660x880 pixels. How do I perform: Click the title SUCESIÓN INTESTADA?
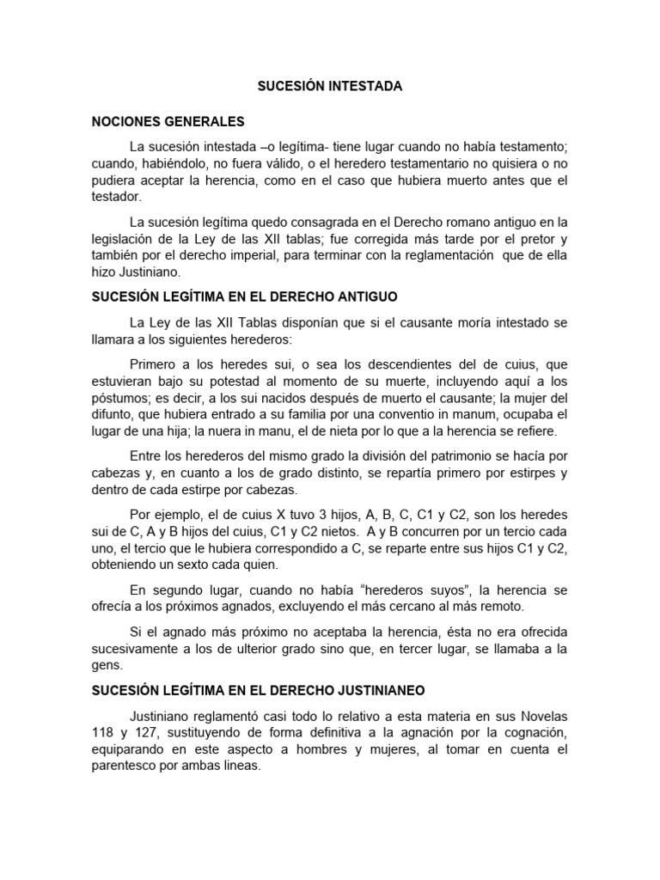(x=329, y=87)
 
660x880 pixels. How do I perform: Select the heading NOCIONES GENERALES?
(x=168, y=121)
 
